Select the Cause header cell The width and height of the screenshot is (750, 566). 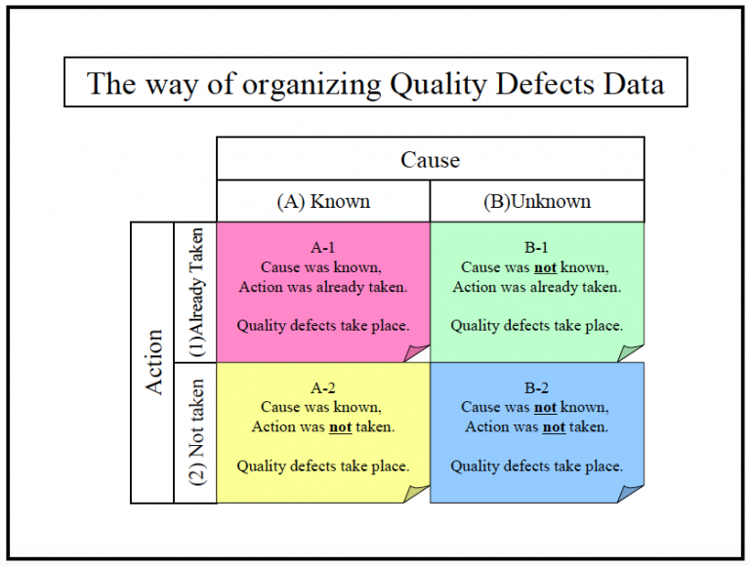coord(430,159)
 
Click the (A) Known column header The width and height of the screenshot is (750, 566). coord(323,202)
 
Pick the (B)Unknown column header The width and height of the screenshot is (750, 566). coord(537,202)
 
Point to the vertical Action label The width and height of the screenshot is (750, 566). coord(153,362)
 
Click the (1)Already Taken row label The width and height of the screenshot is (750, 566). coord(195,293)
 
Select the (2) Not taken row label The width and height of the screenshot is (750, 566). coord(195,432)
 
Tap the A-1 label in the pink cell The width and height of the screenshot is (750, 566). coord(322,248)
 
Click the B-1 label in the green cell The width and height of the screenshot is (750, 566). coord(536,248)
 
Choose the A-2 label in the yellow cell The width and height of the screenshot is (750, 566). coord(322,388)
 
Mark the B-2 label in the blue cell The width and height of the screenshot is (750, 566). coord(536,388)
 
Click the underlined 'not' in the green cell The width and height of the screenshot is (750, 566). coord(545,267)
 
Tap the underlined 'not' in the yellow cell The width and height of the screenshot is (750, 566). coord(341,426)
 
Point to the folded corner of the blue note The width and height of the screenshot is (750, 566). coord(632,493)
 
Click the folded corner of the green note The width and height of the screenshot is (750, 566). coord(632,351)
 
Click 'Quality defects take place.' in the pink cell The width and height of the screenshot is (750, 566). coord(322,325)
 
